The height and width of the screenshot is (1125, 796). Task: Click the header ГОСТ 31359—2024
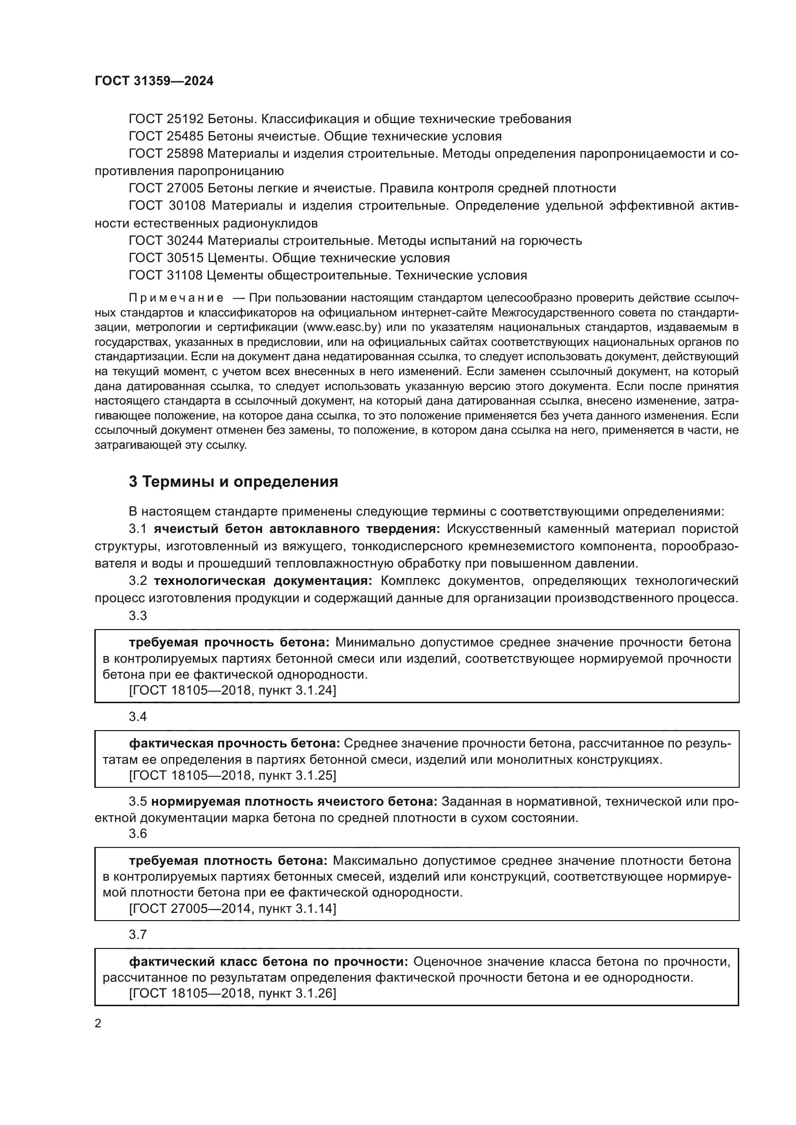[x=154, y=81]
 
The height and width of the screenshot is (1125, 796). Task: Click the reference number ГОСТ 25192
[x=166, y=119]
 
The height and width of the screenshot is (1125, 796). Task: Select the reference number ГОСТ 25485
[x=166, y=136]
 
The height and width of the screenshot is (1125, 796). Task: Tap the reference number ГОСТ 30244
[x=166, y=240]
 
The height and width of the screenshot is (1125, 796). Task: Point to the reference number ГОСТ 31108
[x=166, y=276]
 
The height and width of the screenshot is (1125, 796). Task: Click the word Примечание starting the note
[x=176, y=298]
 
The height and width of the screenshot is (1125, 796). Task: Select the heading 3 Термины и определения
[x=233, y=481]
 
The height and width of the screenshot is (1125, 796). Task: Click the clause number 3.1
[x=138, y=529]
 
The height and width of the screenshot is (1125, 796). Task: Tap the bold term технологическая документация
[x=263, y=581]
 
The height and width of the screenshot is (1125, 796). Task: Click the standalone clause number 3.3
[x=138, y=616]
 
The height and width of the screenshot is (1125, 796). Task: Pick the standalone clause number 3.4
[x=138, y=717]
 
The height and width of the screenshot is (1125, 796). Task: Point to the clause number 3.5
[x=138, y=802]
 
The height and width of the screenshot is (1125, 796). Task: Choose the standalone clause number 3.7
[x=138, y=935]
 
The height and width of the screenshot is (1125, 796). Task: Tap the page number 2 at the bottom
[x=98, y=1024]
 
